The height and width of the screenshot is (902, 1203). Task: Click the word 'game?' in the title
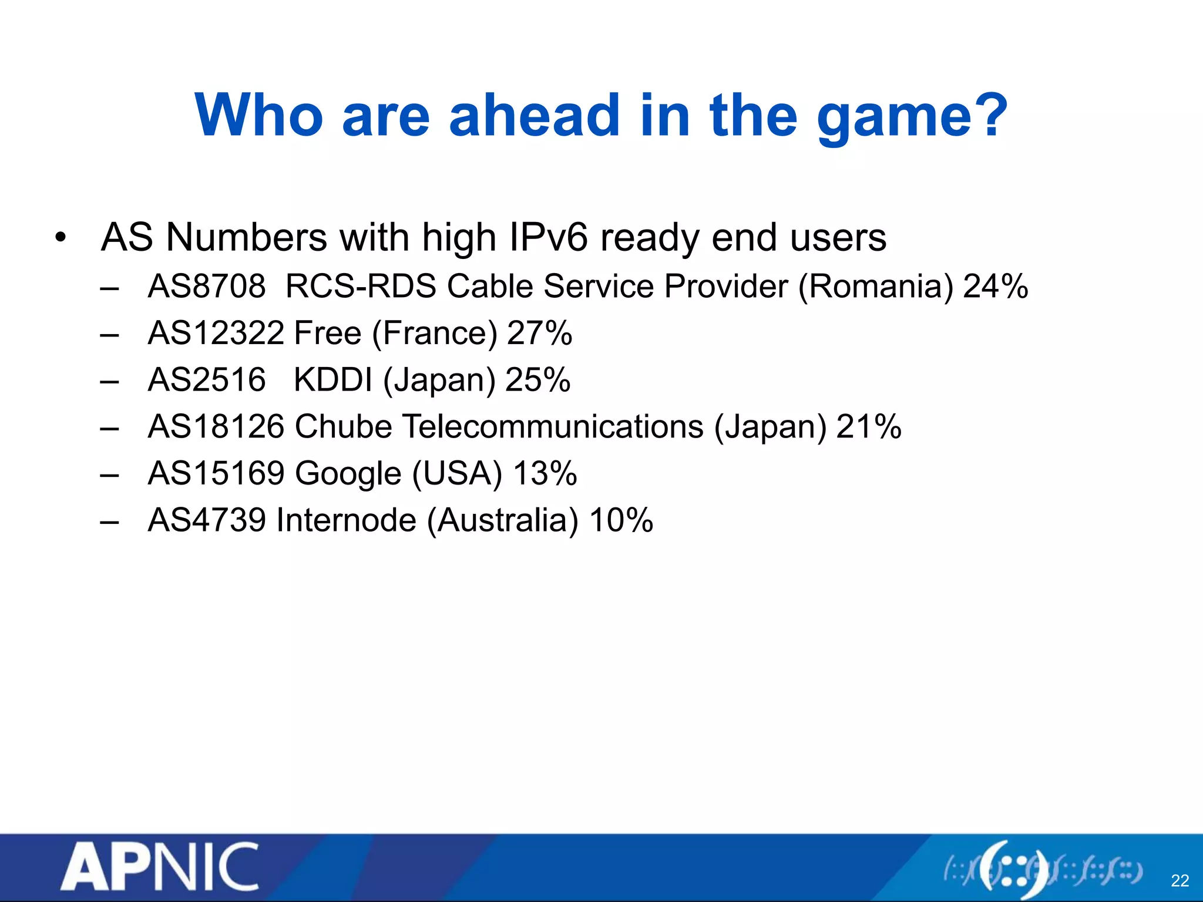(912, 117)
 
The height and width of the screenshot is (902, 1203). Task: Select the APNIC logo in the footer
(159, 866)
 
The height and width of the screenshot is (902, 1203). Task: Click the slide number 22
(1180, 880)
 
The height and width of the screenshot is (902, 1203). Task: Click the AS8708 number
(207, 287)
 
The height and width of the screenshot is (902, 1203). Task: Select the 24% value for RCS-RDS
(996, 287)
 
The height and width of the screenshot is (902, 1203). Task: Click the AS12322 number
(216, 333)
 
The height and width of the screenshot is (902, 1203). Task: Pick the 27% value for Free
(539, 333)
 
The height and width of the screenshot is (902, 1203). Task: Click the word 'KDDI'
(332, 379)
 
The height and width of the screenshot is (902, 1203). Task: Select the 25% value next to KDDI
(537, 379)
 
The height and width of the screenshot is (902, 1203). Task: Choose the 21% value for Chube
(868, 426)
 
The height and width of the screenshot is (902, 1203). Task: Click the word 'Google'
(348, 474)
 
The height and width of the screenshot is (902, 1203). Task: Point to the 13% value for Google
(545, 473)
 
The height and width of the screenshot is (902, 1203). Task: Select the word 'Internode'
(346, 520)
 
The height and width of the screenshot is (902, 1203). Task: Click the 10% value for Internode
(621, 520)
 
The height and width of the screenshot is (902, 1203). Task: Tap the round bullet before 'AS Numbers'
(60, 238)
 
